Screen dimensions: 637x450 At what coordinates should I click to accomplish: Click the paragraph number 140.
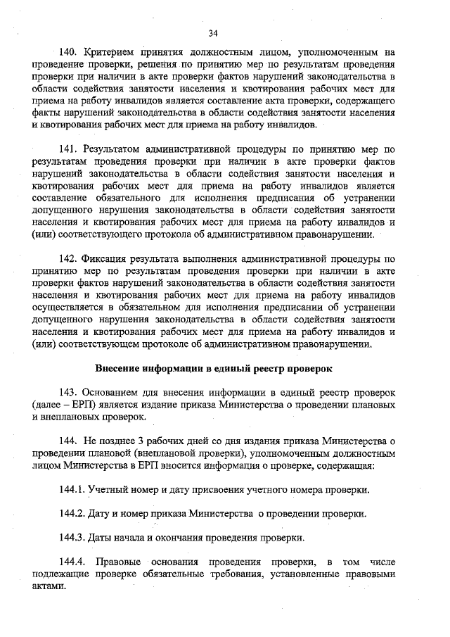coord(69,53)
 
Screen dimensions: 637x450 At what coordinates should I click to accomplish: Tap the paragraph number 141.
coord(69,149)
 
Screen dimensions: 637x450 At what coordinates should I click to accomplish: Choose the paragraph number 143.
coord(69,391)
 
